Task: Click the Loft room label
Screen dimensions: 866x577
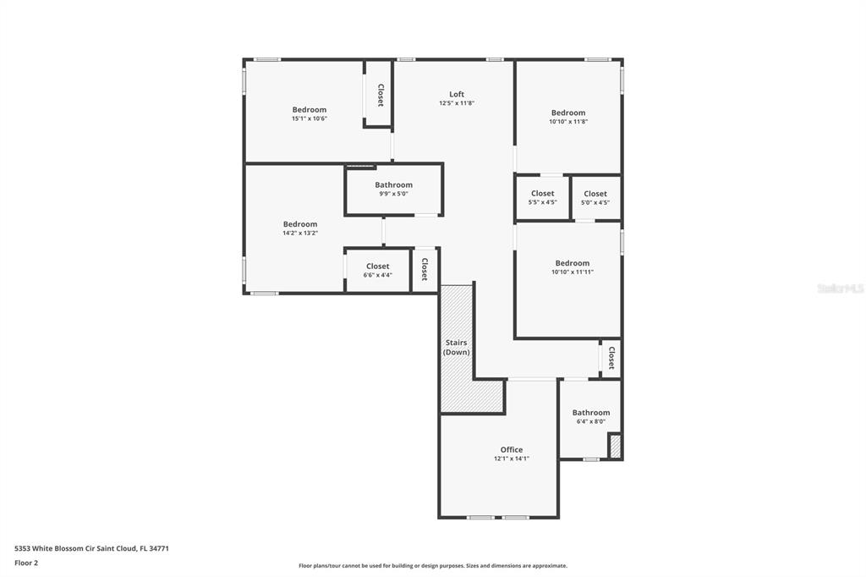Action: (x=456, y=95)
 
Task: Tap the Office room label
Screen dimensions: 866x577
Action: (x=512, y=450)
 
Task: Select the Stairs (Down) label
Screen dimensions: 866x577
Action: (x=456, y=347)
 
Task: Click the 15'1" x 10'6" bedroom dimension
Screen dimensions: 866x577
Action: (x=310, y=118)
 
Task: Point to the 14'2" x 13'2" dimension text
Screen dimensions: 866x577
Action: (x=300, y=233)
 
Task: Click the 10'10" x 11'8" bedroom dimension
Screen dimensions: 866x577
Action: (x=568, y=122)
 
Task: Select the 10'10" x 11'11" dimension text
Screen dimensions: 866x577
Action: (x=573, y=272)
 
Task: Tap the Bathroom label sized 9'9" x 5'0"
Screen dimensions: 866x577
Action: (x=394, y=185)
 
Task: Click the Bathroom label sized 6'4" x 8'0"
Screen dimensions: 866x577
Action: (x=591, y=413)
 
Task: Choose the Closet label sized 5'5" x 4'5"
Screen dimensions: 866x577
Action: (x=542, y=194)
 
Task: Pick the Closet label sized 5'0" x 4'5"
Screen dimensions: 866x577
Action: (x=595, y=194)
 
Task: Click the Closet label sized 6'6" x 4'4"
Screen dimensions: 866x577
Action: (x=378, y=267)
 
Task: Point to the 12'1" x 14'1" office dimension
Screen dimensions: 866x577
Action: (x=512, y=459)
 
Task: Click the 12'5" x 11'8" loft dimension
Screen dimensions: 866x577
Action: (x=456, y=103)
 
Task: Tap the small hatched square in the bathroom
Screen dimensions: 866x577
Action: (x=616, y=447)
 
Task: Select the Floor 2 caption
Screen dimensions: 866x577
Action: (x=26, y=563)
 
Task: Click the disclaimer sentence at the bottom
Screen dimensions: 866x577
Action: (x=433, y=565)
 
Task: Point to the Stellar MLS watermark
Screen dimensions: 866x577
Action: (x=840, y=288)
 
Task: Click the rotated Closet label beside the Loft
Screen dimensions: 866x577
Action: (x=380, y=95)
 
